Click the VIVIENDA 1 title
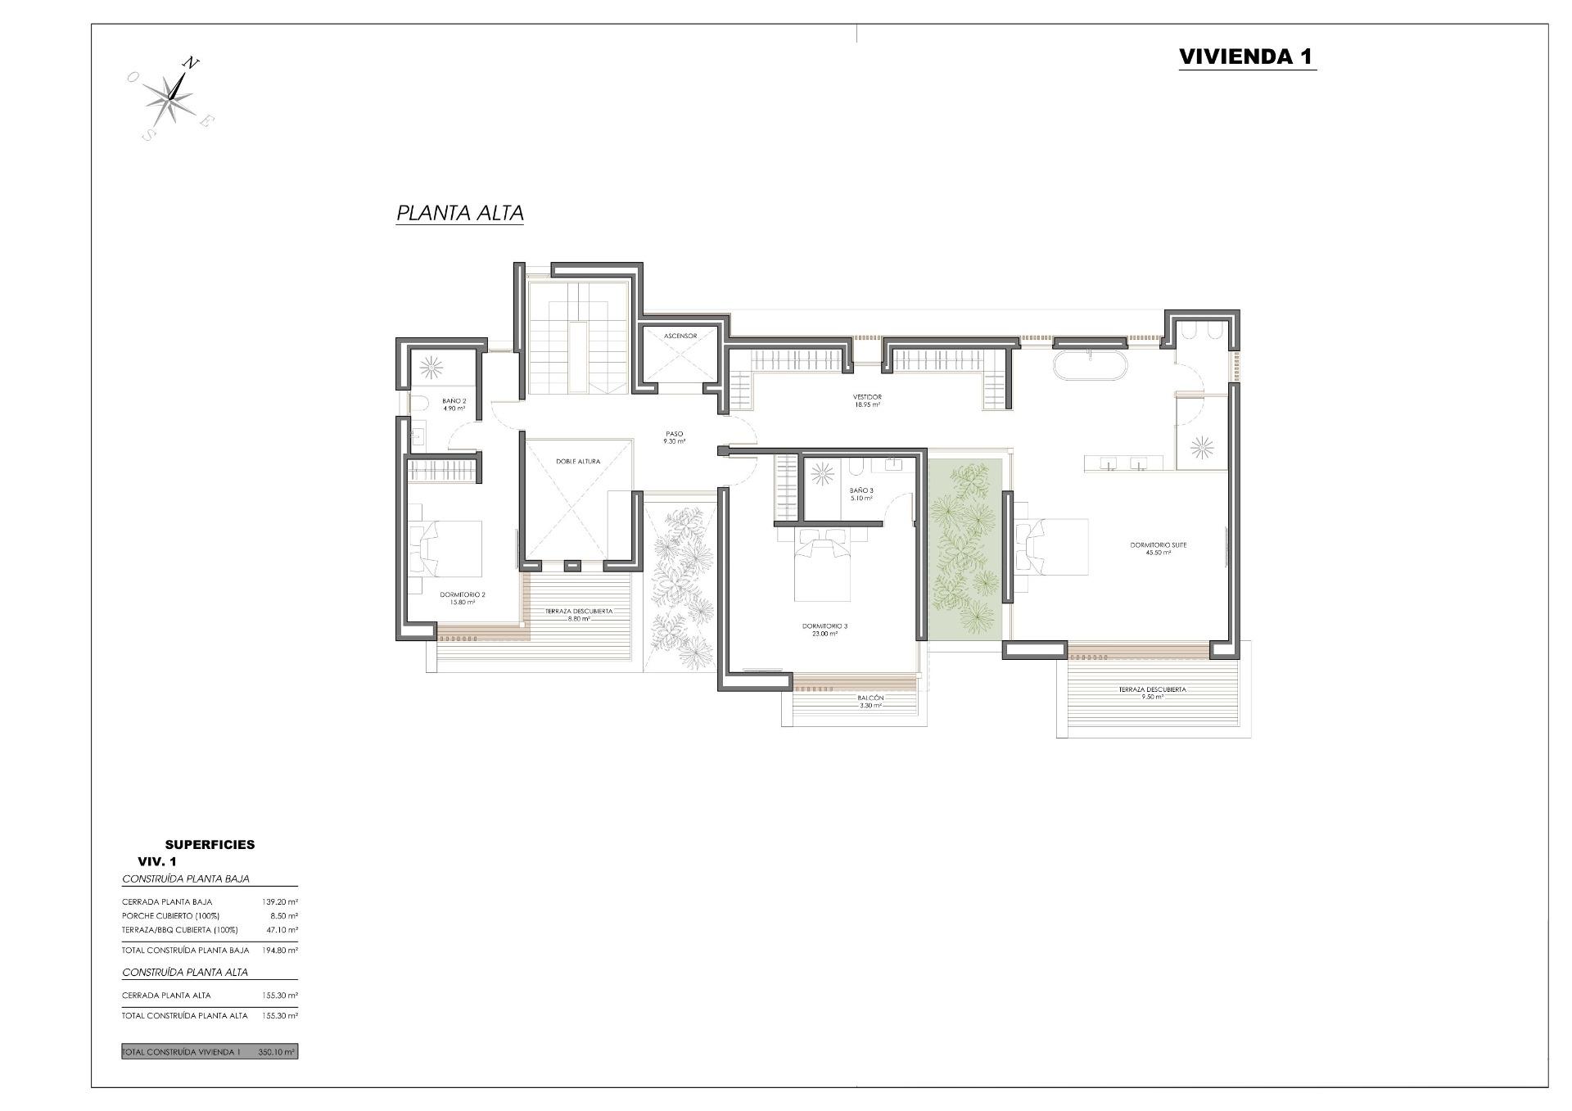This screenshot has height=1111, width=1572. click(1246, 56)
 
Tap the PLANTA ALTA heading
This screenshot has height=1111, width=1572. click(459, 213)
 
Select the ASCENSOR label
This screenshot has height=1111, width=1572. click(680, 336)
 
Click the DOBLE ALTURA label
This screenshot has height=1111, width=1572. click(578, 462)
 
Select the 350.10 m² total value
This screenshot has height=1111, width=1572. click(277, 1052)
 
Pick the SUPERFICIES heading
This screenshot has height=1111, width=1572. click(210, 844)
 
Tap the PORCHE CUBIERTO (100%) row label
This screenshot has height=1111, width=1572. click(170, 916)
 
